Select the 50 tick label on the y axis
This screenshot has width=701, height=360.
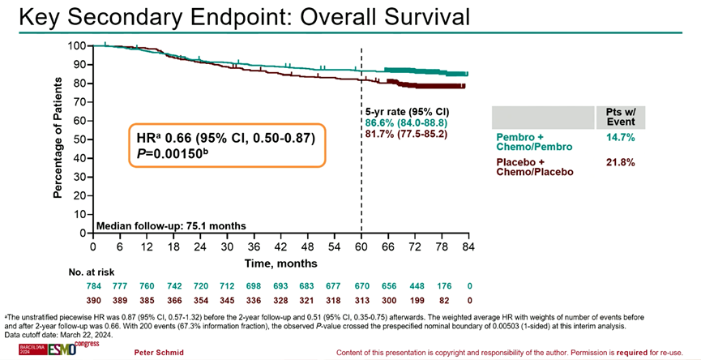tap(80, 139)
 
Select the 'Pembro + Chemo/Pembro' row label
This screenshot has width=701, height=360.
tap(532, 141)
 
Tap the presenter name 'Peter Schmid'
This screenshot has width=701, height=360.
tap(160, 353)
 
